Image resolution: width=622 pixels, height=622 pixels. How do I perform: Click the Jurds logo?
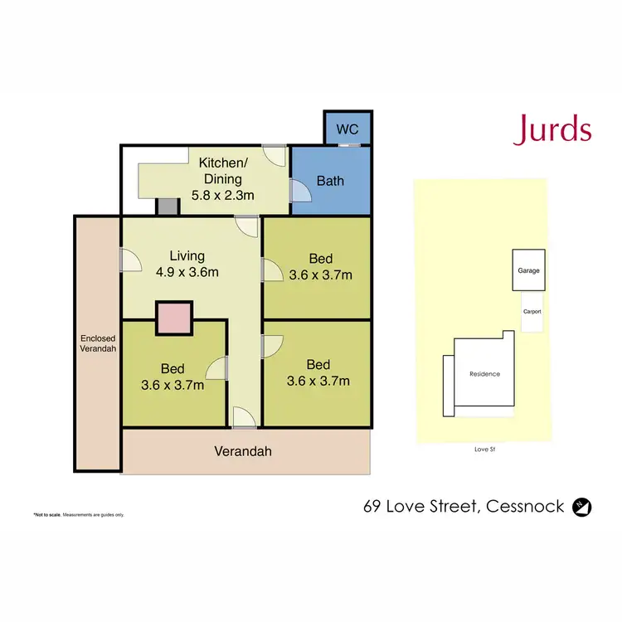[x=552, y=130]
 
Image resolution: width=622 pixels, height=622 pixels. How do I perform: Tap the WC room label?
[x=347, y=129]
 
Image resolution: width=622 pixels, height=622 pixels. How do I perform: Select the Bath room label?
[x=330, y=180]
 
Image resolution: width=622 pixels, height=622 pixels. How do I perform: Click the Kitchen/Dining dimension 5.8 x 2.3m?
[x=221, y=196]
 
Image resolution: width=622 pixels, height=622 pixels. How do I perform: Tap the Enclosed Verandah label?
[x=98, y=343]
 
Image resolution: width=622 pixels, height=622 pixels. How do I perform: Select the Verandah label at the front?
[x=243, y=452]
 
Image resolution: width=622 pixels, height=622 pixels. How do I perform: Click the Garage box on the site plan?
[x=528, y=270]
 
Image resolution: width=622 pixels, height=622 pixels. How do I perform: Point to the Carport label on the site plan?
[x=532, y=312]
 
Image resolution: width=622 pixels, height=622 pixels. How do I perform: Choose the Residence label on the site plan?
[x=484, y=374]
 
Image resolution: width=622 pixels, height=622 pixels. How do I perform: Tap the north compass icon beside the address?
[x=583, y=507]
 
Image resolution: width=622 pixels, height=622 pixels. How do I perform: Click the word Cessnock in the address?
[x=527, y=506]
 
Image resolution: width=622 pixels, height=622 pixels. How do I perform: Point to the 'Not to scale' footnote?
[x=79, y=514]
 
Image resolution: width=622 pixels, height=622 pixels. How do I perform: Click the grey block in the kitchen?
[x=168, y=207]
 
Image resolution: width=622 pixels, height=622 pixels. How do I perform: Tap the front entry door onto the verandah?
[x=244, y=419]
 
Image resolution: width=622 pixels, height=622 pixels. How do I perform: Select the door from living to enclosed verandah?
[x=127, y=261]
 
